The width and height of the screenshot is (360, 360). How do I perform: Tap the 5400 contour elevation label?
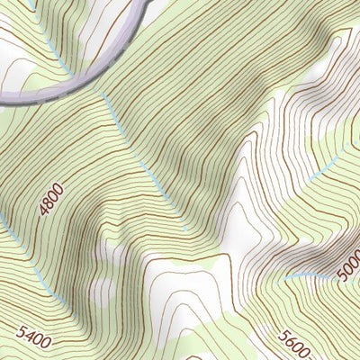point(33,338)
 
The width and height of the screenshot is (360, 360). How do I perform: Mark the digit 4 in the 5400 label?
point(29,340)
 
